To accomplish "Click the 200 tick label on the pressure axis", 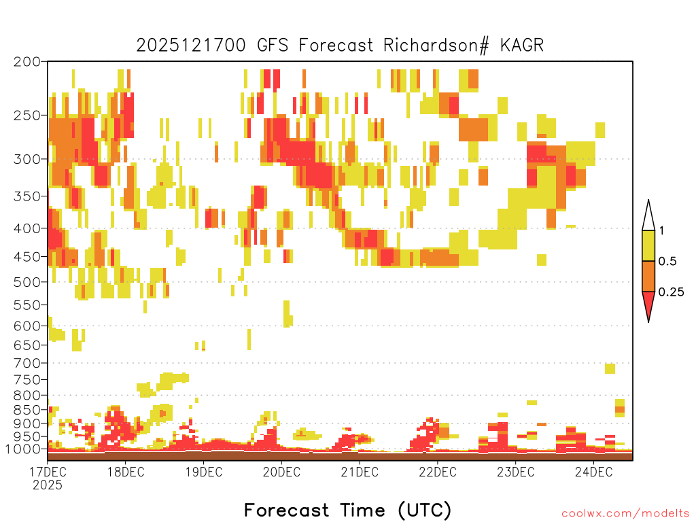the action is coord(27,62).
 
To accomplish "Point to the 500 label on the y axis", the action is coord(27,282).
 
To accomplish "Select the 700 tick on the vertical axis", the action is coord(27,363).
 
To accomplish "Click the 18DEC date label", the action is coord(126,472).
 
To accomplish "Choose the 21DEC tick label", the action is coord(360,472).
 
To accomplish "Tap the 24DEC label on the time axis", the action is coord(593,472).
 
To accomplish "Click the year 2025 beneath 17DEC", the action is coord(48,485).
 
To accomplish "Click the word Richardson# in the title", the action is coord(436,46).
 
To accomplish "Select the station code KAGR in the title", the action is coord(522,46).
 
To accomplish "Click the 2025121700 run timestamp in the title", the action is coord(191,46).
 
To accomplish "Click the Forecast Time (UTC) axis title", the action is coord(348,510).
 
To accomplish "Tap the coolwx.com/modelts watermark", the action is coord(626,514).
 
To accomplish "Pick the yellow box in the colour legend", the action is coord(648,245).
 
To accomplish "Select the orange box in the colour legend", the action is coord(648,276).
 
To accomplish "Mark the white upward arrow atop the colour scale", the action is coord(648,215).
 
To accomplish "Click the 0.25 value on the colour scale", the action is coord(671,292).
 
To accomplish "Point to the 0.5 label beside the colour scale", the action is coord(667,262).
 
